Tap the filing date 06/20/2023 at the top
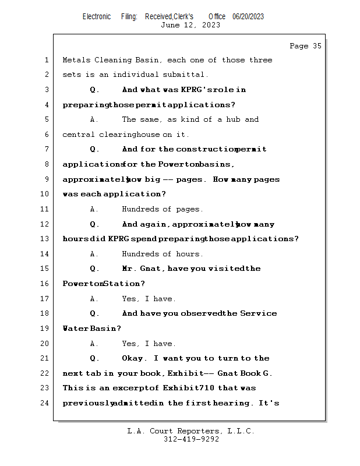click(x=248, y=17)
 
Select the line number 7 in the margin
click(x=47, y=150)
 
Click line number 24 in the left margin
click(x=45, y=403)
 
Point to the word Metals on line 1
click(x=76, y=60)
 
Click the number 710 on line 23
click(x=207, y=388)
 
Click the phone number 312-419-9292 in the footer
click(x=191, y=439)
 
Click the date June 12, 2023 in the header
click(x=190, y=25)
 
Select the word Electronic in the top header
click(x=96, y=17)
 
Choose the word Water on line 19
click(x=75, y=329)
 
